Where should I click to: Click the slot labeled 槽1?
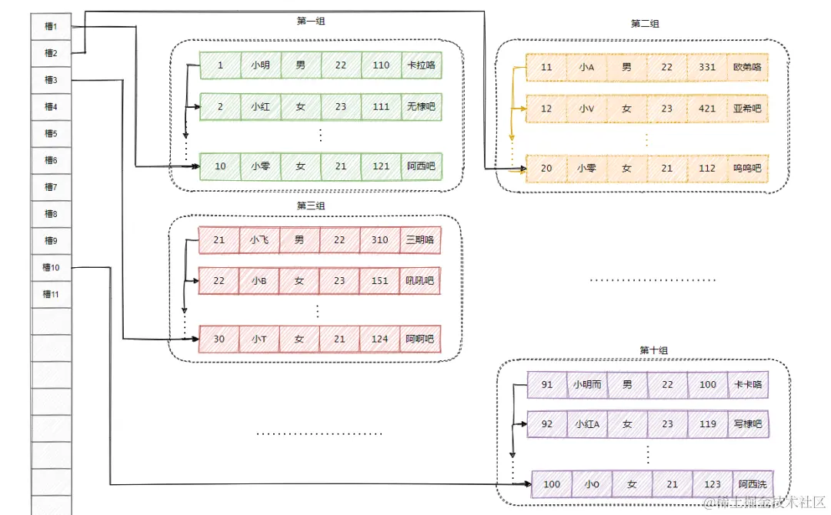pos(51,27)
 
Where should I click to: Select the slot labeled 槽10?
pos(51,267)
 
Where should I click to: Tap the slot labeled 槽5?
pos(51,133)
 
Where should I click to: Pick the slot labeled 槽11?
pos(51,294)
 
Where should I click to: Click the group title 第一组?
pos(311,22)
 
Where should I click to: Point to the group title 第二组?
pos(645,24)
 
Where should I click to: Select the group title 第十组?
pos(654,350)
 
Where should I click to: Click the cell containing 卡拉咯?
pos(421,65)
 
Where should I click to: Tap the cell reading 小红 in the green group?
pos(260,106)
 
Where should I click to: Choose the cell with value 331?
pos(707,67)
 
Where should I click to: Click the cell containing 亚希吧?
pos(747,109)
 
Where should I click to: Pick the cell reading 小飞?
pos(259,239)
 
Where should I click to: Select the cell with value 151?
pos(380,281)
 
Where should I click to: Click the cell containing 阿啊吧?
pos(420,339)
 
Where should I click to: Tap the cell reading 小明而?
pos(586,384)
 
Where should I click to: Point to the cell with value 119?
pos(709,424)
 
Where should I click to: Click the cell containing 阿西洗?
pos(753,484)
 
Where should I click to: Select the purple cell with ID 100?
pos(552,484)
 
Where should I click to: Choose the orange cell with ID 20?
pos(546,168)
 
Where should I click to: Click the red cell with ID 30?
pos(219,339)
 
